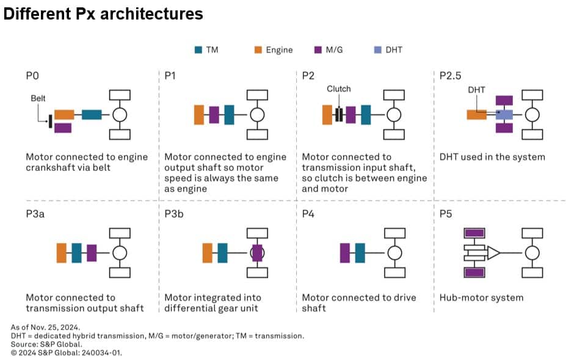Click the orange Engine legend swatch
tap(259, 50)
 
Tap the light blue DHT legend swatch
tap(378, 50)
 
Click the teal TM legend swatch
tap(199, 50)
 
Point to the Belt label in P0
tap(38, 98)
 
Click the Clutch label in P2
tap(339, 88)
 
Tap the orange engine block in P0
tap(64, 115)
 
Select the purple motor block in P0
tap(63, 128)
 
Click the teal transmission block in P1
tap(229, 115)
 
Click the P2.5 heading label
tap(450, 76)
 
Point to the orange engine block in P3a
tap(61, 253)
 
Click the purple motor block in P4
tap(344, 253)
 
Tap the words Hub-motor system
tap(481, 298)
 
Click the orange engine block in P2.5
tap(477, 114)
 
